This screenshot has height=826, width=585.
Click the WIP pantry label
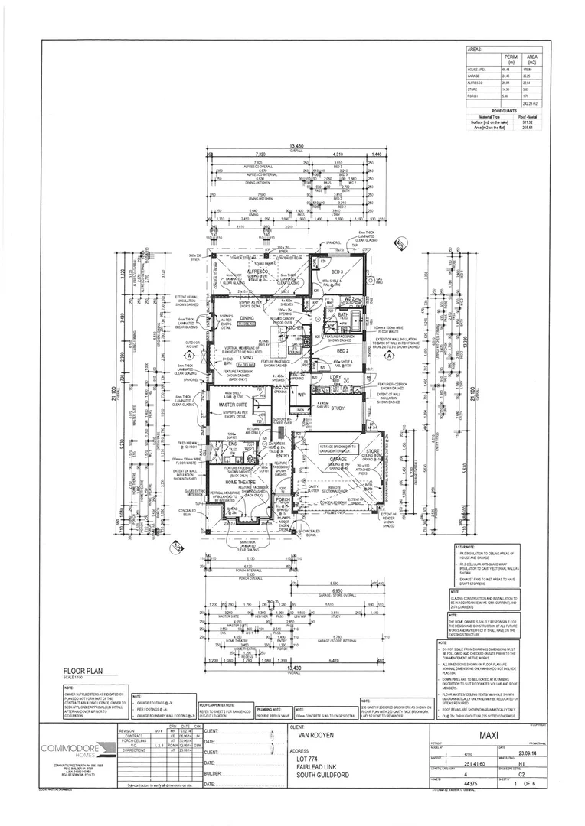301,395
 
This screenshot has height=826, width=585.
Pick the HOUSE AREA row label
477,70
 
